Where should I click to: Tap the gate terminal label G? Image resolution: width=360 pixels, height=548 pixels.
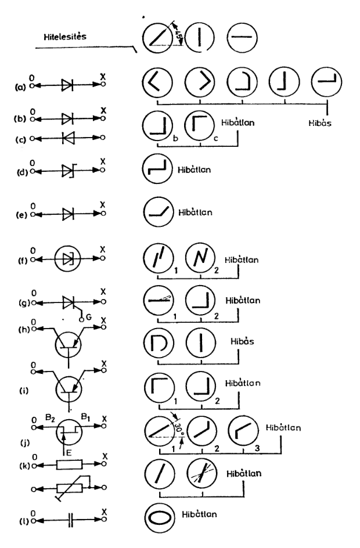[x=89, y=318]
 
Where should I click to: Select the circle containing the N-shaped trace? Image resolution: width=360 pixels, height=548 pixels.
[x=200, y=258]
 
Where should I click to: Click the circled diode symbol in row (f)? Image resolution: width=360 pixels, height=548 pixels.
[x=69, y=258]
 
